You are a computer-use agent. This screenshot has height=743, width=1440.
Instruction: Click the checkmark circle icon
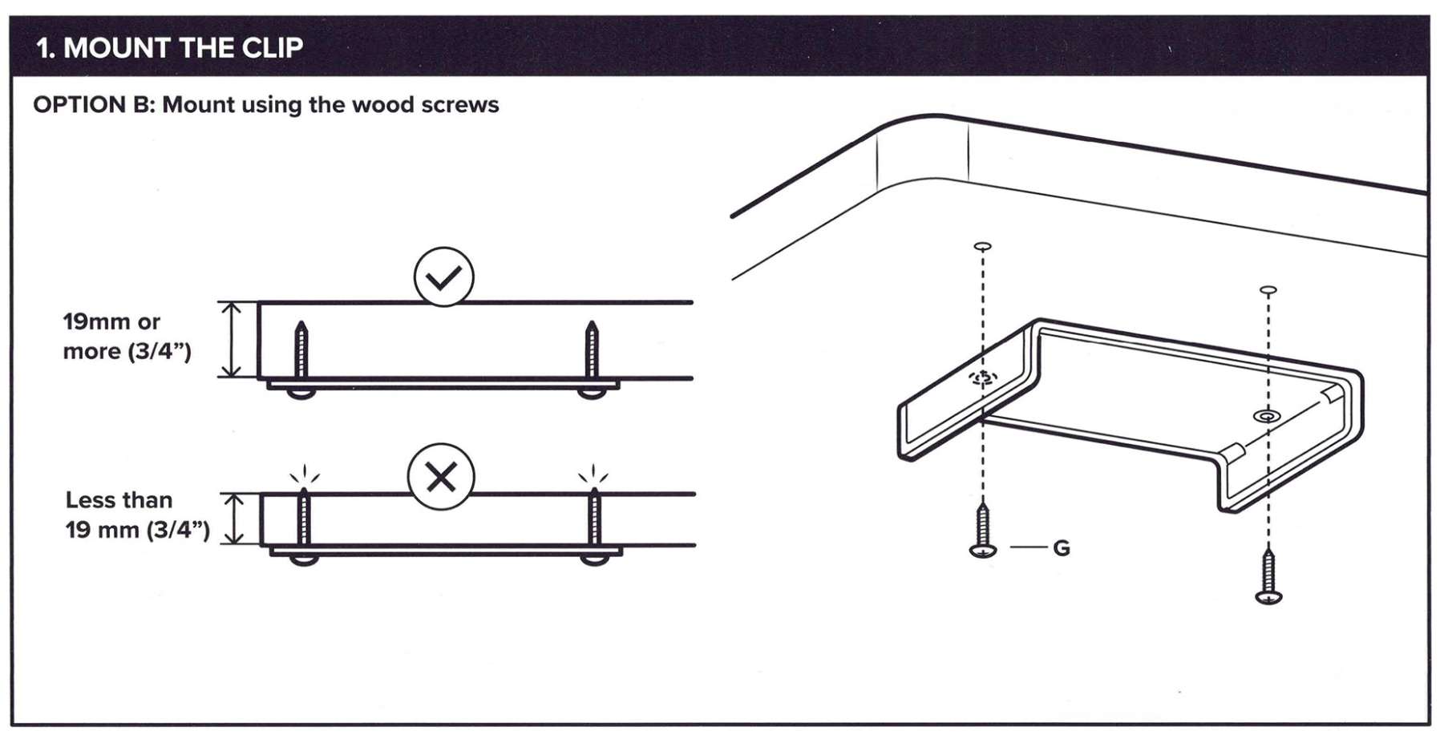[x=443, y=277]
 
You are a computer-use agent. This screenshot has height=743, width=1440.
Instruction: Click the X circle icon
[x=441, y=477]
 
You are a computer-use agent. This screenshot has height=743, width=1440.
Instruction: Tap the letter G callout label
[x=1061, y=548]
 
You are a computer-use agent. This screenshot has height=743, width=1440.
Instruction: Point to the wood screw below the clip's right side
[x=1268, y=575]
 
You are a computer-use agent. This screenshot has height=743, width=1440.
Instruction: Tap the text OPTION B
[x=91, y=105]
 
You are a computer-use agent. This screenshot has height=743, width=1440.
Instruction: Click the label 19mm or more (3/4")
[x=127, y=337]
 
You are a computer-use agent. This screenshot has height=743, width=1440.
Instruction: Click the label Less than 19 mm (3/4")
[x=137, y=515]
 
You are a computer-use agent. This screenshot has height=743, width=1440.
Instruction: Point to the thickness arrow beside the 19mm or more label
[x=231, y=339]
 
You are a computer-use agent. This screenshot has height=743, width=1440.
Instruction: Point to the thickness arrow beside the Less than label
[x=233, y=519]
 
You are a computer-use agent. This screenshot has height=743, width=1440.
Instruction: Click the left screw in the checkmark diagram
[x=301, y=359]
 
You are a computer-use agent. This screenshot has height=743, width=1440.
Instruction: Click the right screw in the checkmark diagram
[x=592, y=359]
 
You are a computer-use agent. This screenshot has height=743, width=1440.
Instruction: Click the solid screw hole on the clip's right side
[x=1267, y=416]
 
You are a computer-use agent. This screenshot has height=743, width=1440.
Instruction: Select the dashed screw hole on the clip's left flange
[x=984, y=378]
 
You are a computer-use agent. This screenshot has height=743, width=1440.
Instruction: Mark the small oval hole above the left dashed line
[x=982, y=246]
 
